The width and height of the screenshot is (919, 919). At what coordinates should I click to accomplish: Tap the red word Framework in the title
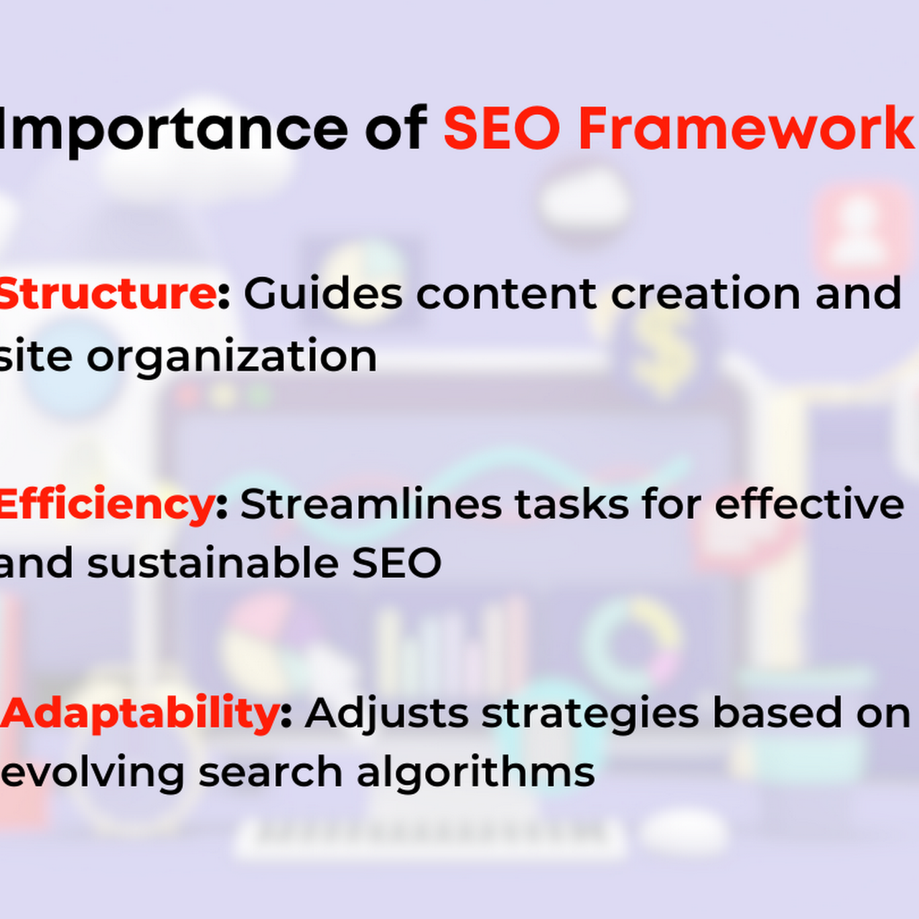coord(746,129)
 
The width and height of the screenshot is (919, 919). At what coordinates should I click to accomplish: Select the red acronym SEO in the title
coord(502,129)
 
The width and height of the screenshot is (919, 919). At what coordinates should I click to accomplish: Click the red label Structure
coord(107,294)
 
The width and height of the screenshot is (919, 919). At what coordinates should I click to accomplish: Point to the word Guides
coord(323,294)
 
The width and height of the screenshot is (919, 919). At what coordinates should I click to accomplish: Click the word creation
coord(706,294)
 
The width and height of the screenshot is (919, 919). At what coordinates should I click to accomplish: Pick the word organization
coord(232,358)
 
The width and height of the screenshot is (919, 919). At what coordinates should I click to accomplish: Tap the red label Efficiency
coord(106,505)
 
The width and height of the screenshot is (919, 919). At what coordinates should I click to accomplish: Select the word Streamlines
coord(371,504)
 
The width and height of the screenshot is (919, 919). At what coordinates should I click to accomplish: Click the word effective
coord(809,504)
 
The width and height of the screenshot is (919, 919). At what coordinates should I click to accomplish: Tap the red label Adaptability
coord(141,714)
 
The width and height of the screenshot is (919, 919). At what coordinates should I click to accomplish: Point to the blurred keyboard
coord(429,839)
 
